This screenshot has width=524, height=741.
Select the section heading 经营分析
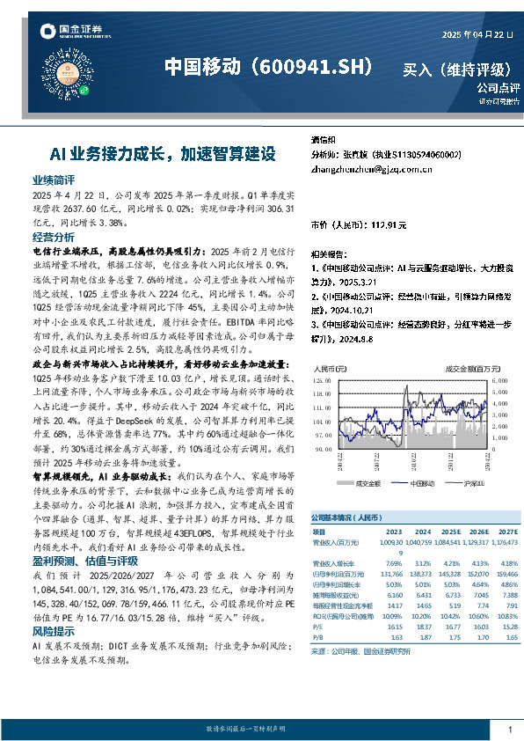point(54,237)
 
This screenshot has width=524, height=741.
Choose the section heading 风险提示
point(54,606)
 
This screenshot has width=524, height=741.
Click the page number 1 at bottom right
point(509,730)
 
